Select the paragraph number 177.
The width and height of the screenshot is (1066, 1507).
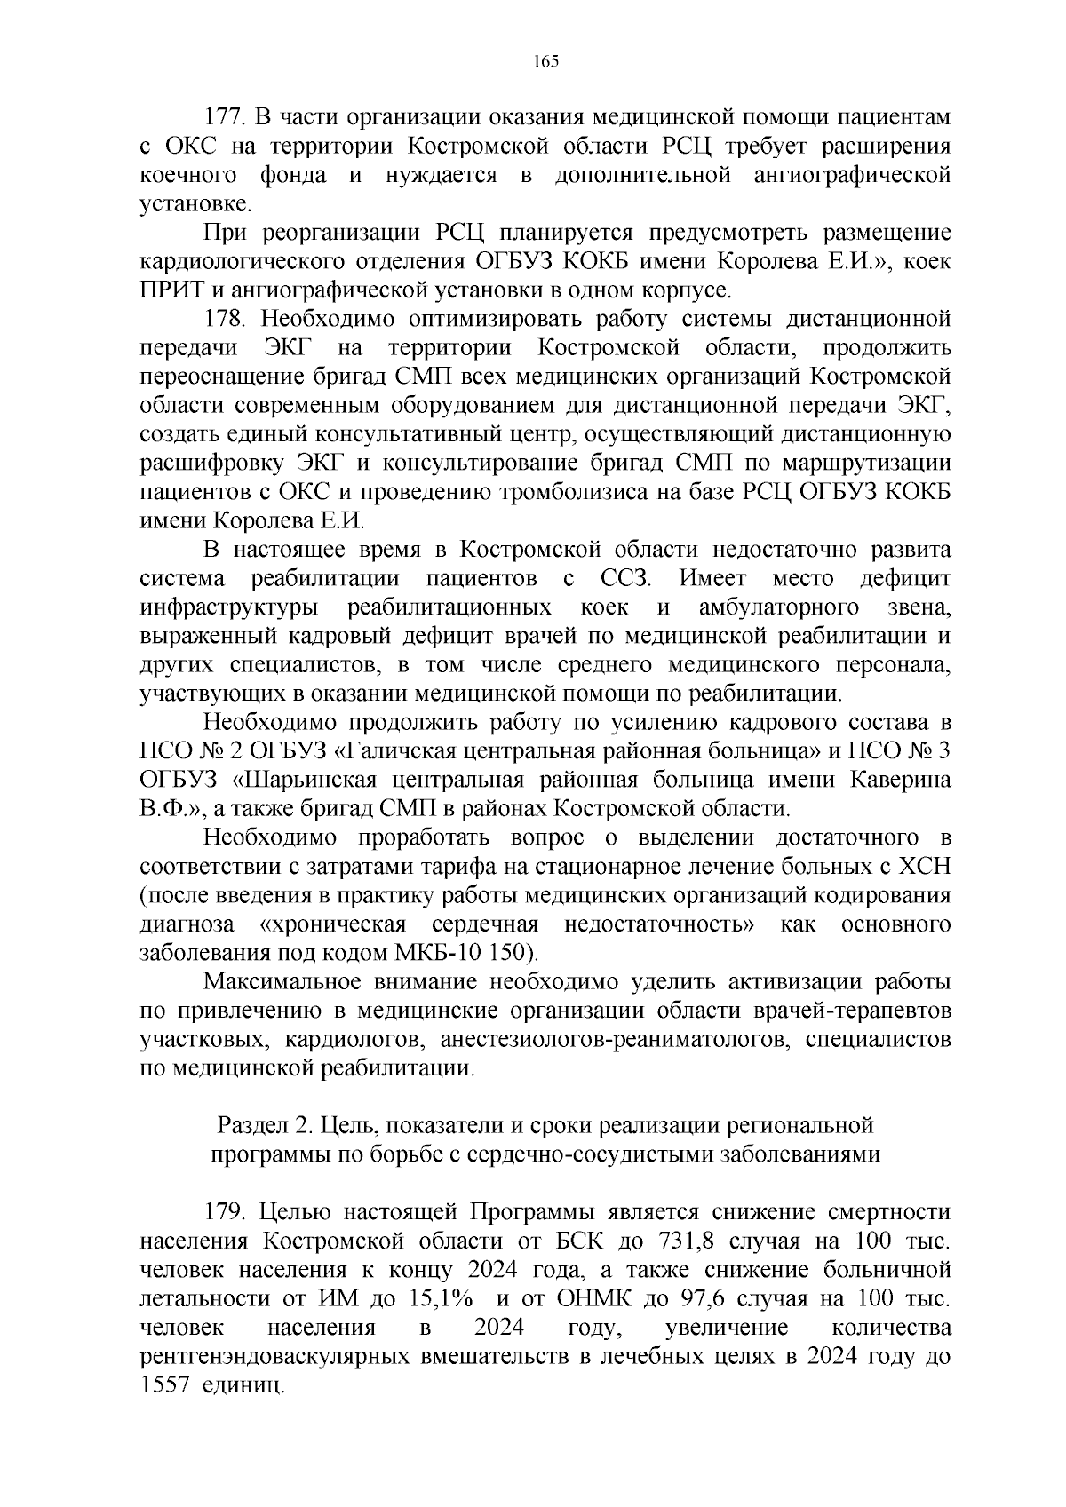[x=226, y=117]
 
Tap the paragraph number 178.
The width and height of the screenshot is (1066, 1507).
[x=226, y=319]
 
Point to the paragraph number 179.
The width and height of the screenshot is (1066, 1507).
[x=226, y=1212]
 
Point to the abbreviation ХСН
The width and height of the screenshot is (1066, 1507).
[x=923, y=867]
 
